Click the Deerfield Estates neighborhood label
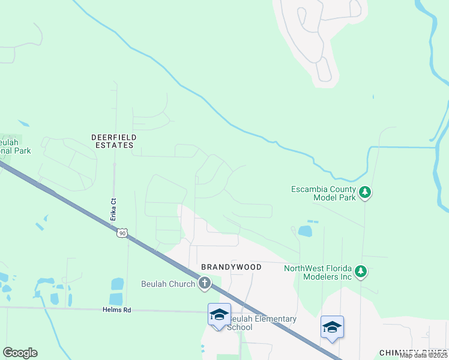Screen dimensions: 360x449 point(113,141)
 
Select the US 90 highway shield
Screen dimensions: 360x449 point(122,233)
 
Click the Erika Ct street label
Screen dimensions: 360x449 point(112,208)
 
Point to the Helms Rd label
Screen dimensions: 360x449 point(118,310)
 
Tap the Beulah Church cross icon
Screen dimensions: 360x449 point(205,284)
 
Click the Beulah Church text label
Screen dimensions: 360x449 point(168,284)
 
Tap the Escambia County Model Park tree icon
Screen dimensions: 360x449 point(366,193)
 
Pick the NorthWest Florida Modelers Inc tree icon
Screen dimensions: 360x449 point(360,272)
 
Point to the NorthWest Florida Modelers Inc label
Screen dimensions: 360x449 point(318,272)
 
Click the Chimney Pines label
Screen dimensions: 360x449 point(413,353)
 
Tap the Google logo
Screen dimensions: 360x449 point(20,353)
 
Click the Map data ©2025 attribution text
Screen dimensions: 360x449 point(424,355)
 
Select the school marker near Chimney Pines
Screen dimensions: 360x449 point(332,327)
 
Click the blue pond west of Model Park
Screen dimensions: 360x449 point(305,231)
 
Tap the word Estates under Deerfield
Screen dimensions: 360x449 point(113,145)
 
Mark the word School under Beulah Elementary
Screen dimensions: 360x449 point(240,328)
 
